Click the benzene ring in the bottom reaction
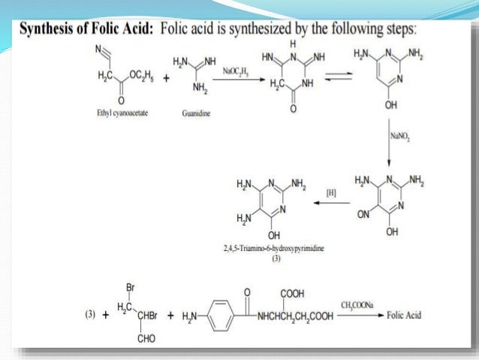click(x=214, y=316)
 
